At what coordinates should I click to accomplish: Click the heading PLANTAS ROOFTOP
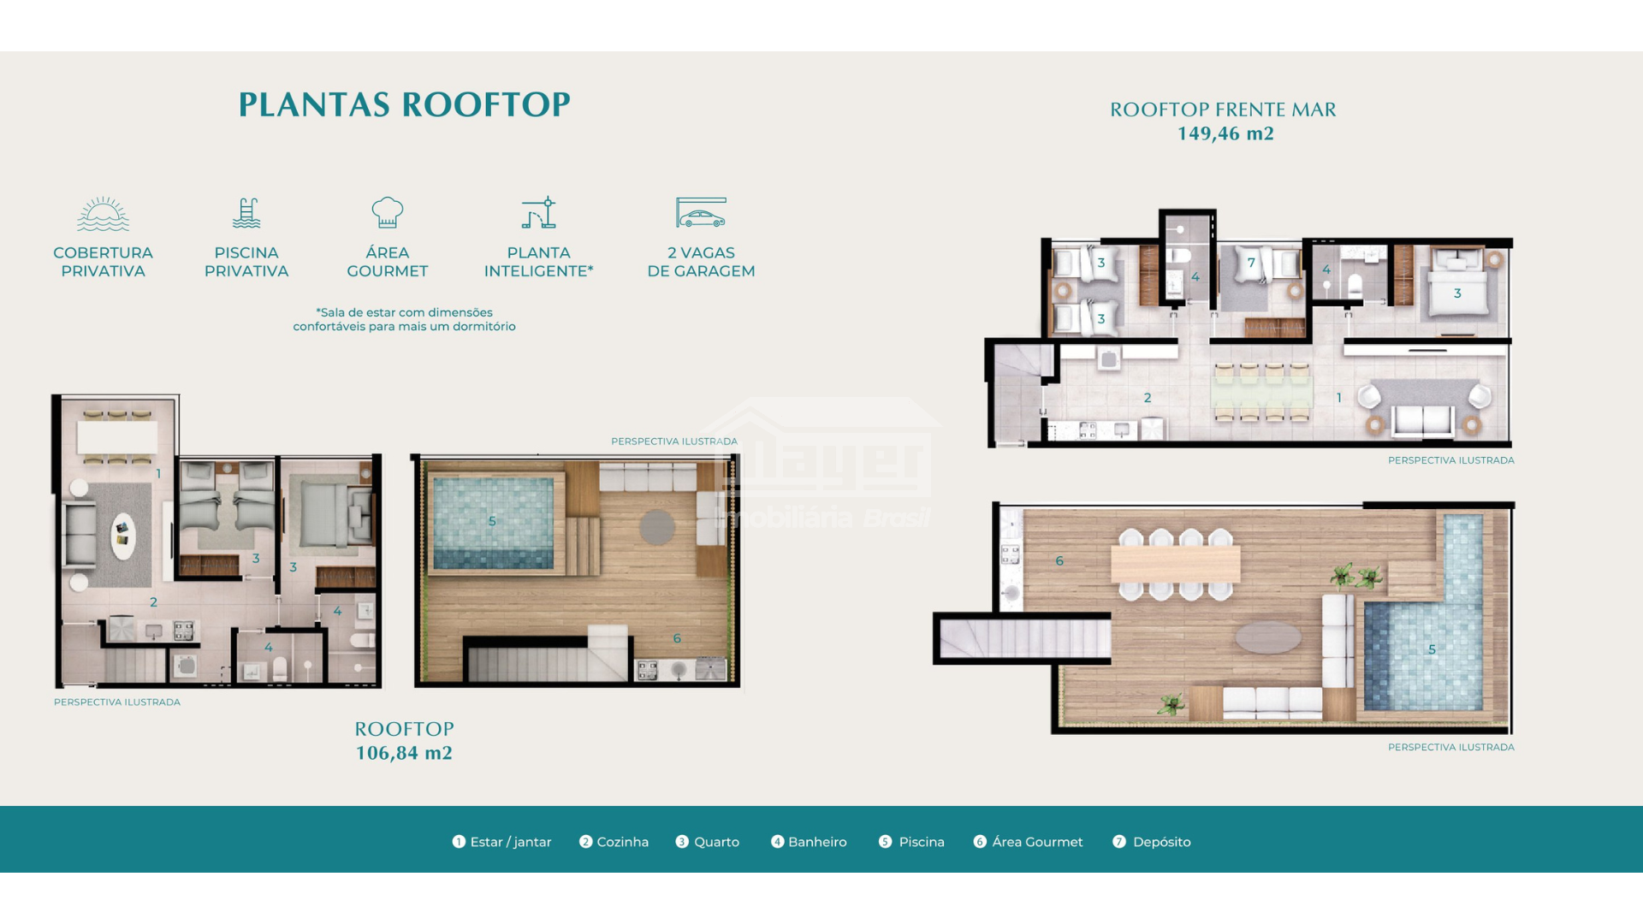(x=404, y=104)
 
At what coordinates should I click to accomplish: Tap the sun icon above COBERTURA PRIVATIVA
(x=103, y=214)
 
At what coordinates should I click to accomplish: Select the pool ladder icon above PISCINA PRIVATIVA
(x=246, y=213)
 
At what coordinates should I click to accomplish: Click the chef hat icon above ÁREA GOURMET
(x=388, y=212)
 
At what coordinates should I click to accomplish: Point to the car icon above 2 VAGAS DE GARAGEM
(x=701, y=213)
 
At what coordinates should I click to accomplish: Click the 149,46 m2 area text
(x=1225, y=133)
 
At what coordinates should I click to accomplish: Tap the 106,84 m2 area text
(x=404, y=753)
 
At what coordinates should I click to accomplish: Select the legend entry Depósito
(x=1152, y=842)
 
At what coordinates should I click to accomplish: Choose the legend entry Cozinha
(x=614, y=842)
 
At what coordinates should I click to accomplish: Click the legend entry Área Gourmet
(x=1029, y=842)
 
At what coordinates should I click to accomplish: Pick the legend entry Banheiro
(x=809, y=842)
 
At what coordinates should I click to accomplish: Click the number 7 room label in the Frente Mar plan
(x=1251, y=263)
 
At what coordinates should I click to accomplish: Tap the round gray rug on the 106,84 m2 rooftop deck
(x=657, y=527)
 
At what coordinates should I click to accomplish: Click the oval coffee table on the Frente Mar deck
(x=1268, y=637)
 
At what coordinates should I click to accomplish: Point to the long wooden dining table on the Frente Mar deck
(x=1176, y=564)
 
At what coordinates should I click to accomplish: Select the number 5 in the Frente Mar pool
(x=1432, y=649)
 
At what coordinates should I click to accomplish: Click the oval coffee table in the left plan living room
(x=124, y=536)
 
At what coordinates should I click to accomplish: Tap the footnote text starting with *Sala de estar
(x=404, y=319)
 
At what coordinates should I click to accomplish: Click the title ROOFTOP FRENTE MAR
(x=1223, y=110)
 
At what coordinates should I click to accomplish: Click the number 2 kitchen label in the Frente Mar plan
(x=1148, y=398)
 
